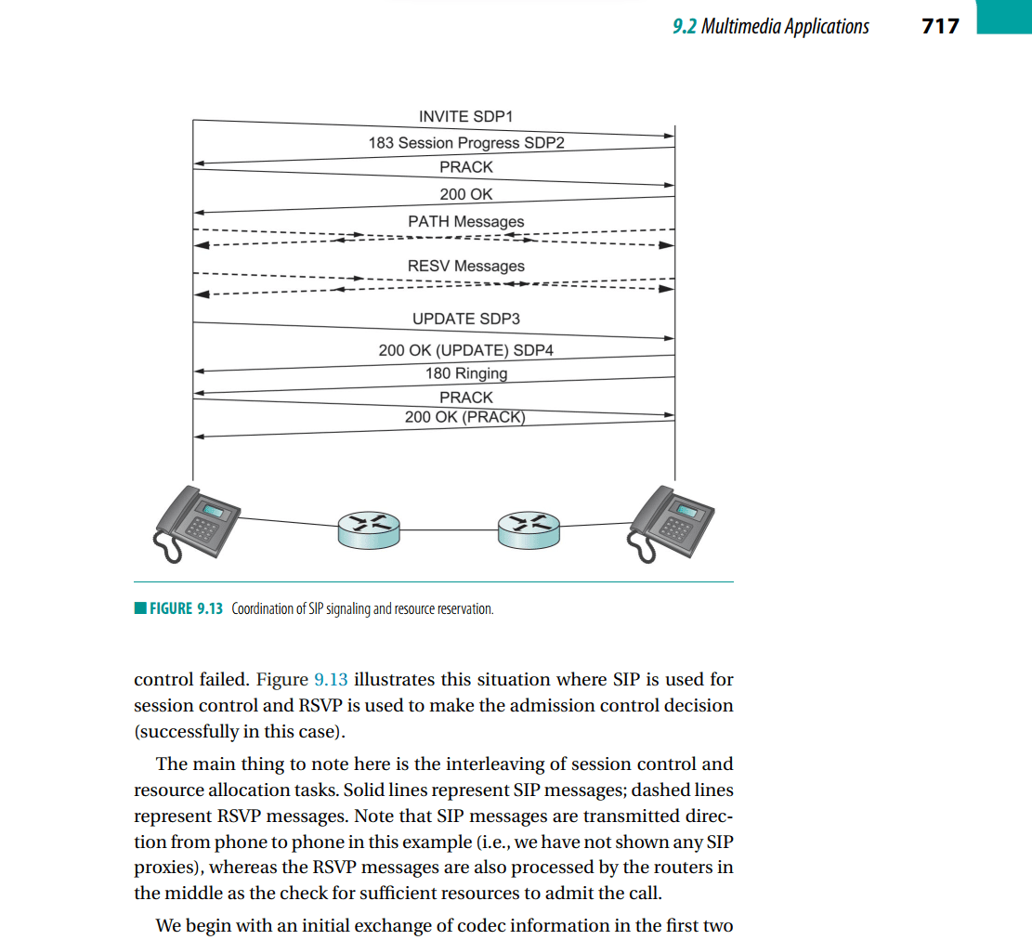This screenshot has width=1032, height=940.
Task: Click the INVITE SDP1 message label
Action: [x=466, y=116]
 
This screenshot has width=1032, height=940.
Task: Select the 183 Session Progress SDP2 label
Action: [x=466, y=143]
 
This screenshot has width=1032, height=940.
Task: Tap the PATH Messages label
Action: [x=466, y=222]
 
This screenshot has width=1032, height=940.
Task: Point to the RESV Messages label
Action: [x=466, y=266]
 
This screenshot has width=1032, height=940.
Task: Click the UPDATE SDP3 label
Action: [x=466, y=319]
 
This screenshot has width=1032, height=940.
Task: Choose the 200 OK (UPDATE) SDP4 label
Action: [x=466, y=350]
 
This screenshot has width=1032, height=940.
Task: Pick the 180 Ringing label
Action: [x=466, y=374]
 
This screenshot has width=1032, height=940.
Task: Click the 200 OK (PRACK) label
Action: [x=464, y=417]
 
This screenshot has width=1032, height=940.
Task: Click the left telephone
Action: [x=196, y=524]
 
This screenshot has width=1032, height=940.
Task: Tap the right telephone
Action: [x=670, y=524]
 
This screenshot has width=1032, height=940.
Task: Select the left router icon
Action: [x=369, y=530]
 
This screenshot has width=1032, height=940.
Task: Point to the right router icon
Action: [x=529, y=530]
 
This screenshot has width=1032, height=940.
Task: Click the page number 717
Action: [x=941, y=26]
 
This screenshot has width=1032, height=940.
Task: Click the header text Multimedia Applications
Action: [x=785, y=26]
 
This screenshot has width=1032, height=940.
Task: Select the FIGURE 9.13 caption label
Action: [x=187, y=608]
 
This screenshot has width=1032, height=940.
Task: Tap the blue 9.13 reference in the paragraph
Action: [x=331, y=679]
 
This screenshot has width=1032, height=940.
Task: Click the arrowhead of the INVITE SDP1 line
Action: [x=670, y=137]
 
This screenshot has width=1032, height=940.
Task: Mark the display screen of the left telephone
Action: [x=214, y=511]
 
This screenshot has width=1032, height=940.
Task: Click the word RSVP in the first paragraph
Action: [x=320, y=706]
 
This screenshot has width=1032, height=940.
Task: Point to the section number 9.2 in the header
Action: [x=684, y=26]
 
